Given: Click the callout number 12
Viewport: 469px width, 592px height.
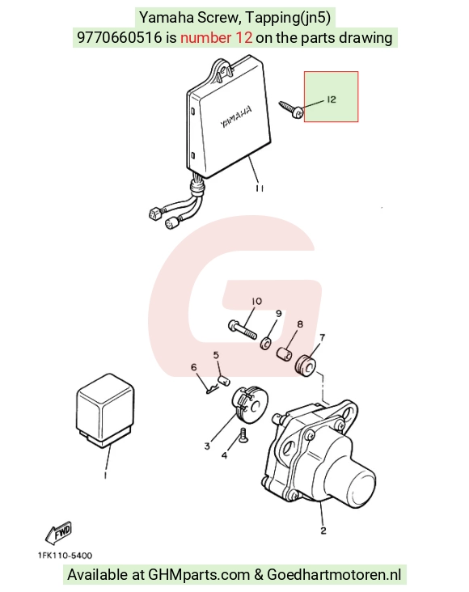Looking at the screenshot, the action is point(332,99).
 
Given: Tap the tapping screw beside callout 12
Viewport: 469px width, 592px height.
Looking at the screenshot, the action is point(291,108).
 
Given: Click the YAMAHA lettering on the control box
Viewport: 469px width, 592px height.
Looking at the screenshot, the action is point(236,116).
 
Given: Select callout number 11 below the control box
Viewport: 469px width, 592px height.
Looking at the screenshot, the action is point(260,188).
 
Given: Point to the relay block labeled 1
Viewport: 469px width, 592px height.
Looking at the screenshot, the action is point(105,410).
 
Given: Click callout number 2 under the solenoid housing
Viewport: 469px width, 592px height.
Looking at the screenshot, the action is point(323,531).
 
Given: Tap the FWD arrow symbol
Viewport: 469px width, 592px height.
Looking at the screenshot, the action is point(58,533).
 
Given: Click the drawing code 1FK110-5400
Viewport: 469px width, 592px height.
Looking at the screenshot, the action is point(65,556).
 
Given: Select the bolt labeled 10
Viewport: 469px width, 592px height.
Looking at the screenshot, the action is point(243,330).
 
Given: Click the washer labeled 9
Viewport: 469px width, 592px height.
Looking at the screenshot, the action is point(265,344).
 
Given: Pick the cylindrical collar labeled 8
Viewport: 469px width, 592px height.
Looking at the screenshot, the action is point(285,354).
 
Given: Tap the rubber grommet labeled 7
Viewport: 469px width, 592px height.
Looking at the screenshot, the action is point(305,366).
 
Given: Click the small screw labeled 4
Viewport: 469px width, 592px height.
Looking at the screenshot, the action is point(243,435).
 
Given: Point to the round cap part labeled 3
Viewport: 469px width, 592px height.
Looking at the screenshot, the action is point(249,404).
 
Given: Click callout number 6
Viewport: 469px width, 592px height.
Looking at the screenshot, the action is point(194,367).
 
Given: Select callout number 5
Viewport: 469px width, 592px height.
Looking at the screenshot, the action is point(216,355).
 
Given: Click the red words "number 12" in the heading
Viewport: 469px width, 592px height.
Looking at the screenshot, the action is point(217,38).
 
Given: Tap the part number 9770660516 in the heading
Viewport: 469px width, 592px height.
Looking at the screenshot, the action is point(120,38).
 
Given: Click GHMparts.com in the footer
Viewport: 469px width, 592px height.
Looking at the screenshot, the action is point(199,575).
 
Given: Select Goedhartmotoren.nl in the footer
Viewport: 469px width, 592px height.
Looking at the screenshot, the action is point(334,575).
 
